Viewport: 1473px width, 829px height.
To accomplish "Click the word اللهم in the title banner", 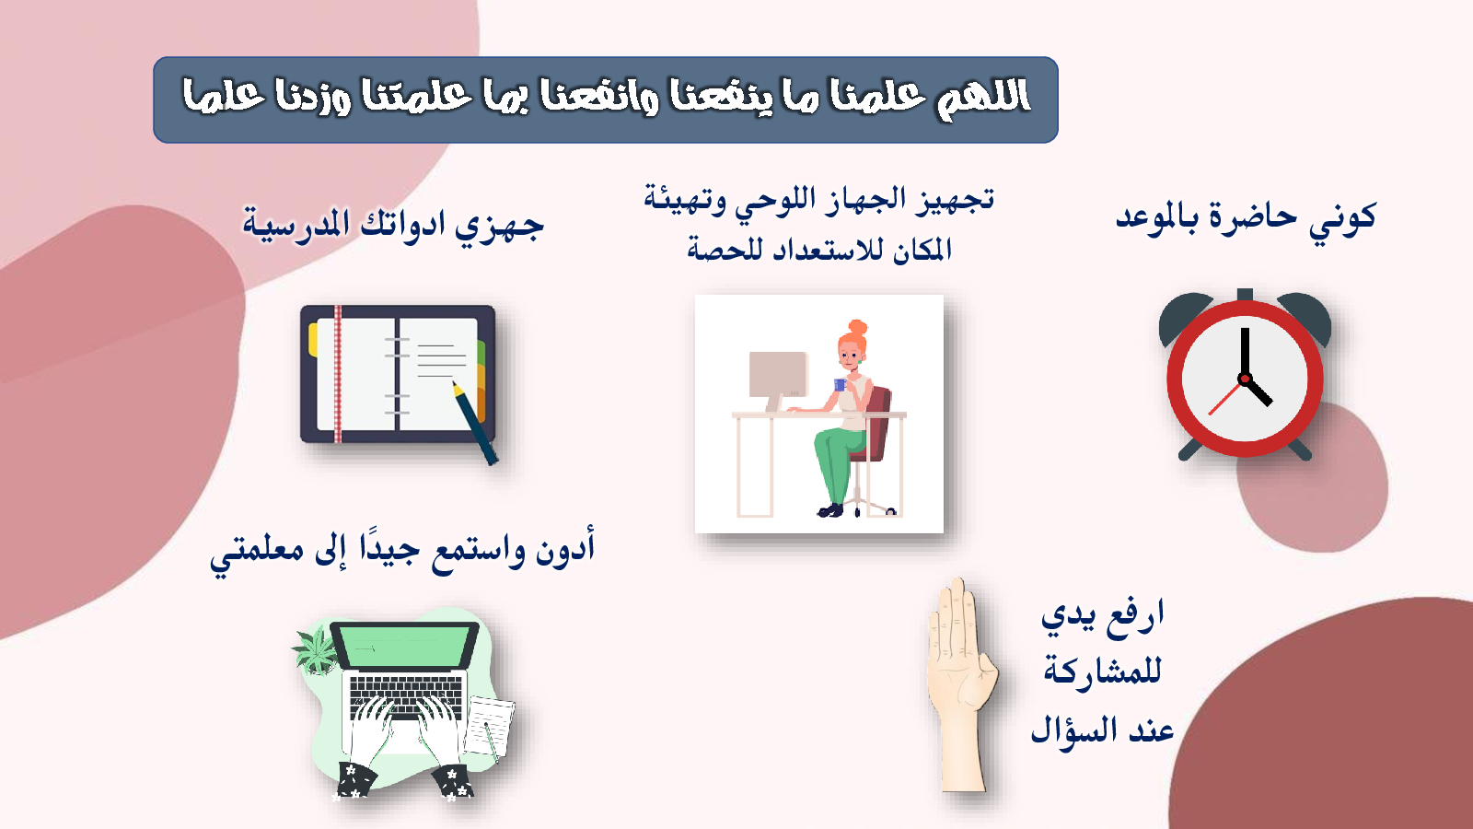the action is point(982,98).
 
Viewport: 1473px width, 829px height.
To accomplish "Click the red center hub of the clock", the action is point(1244,379).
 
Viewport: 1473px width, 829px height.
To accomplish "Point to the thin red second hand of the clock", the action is point(1225,397).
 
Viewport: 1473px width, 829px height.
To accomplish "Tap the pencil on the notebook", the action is point(474,423).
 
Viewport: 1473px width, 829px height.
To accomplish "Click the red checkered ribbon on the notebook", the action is point(338,374).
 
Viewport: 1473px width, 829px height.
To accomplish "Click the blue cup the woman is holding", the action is point(840,385).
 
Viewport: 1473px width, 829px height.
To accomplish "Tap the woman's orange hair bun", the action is point(857,327).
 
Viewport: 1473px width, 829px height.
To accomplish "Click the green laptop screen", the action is point(404,646).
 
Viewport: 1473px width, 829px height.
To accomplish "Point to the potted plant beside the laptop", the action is point(317,650).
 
